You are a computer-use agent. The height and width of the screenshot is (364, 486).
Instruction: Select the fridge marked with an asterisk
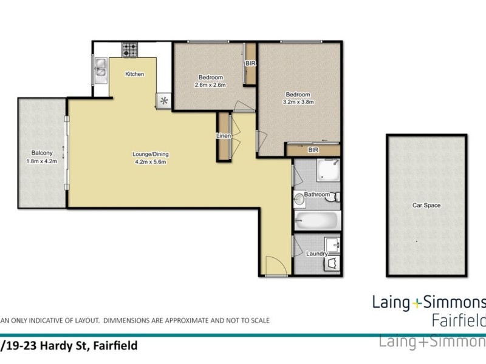pos(163,101)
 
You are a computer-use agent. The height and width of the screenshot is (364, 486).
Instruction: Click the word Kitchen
pos(134,74)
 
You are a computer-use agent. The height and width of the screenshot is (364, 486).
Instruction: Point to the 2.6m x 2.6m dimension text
pos(210,85)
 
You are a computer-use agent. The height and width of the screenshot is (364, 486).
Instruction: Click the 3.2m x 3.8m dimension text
pos(298,103)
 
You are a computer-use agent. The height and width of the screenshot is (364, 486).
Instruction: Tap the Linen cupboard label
pos(224,136)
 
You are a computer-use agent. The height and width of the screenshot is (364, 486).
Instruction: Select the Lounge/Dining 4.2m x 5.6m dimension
pos(149,161)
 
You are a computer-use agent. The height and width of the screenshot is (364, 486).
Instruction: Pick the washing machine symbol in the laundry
pos(332,263)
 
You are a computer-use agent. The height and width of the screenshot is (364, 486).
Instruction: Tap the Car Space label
pos(426,206)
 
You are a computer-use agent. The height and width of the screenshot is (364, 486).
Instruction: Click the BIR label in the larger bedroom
pos(313,149)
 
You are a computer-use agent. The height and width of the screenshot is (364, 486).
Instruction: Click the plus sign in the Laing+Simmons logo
pos(417,303)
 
